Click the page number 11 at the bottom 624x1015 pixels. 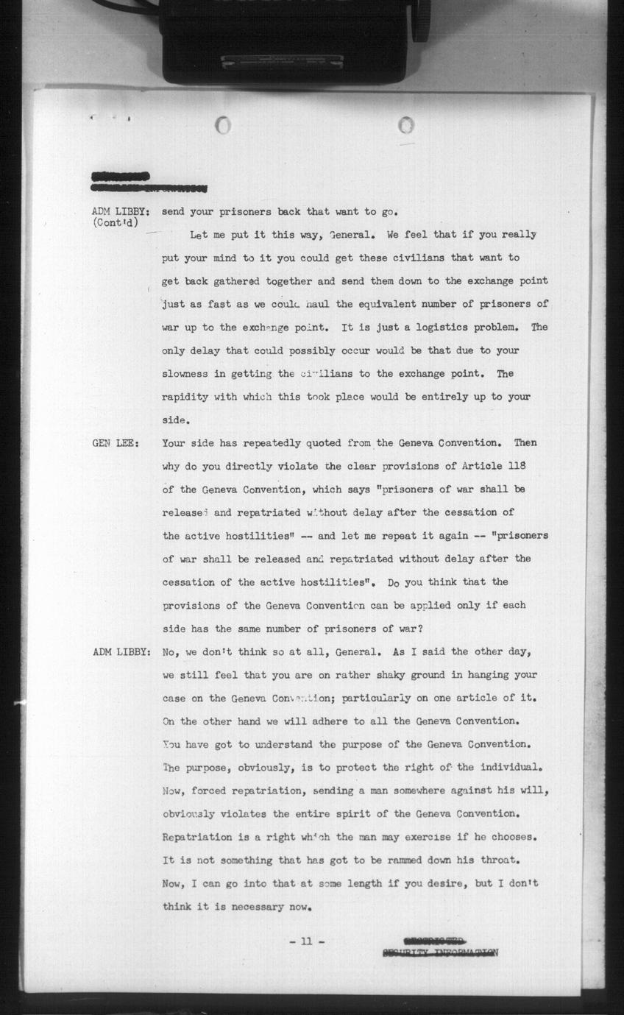(x=306, y=941)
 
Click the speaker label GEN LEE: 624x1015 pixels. (x=116, y=444)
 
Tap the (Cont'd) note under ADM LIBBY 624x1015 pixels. (x=117, y=222)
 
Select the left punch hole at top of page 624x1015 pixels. (x=223, y=125)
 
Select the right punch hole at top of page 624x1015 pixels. (x=405, y=125)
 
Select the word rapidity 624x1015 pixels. (x=185, y=397)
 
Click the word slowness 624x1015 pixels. (x=185, y=374)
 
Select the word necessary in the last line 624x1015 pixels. (x=261, y=907)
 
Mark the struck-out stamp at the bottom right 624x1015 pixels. (x=439, y=947)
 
